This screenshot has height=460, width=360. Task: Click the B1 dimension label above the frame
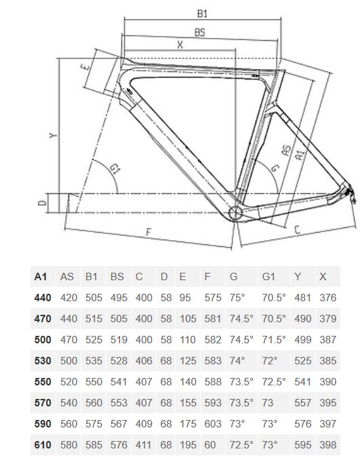(x=202, y=14)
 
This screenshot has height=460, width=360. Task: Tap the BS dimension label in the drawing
(x=200, y=33)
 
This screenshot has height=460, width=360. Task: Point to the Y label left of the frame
(x=53, y=135)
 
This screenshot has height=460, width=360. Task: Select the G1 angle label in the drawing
(x=115, y=169)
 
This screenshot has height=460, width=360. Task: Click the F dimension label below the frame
(x=148, y=232)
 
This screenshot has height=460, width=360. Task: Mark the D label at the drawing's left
(x=43, y=202)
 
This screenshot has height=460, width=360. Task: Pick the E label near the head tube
(x=85, y=67)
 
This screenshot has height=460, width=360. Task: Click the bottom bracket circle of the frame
(x=235, y=213)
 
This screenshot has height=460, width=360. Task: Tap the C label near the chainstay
(x=297, y=229)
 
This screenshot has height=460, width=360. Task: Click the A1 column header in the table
(x=41, y=277)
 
